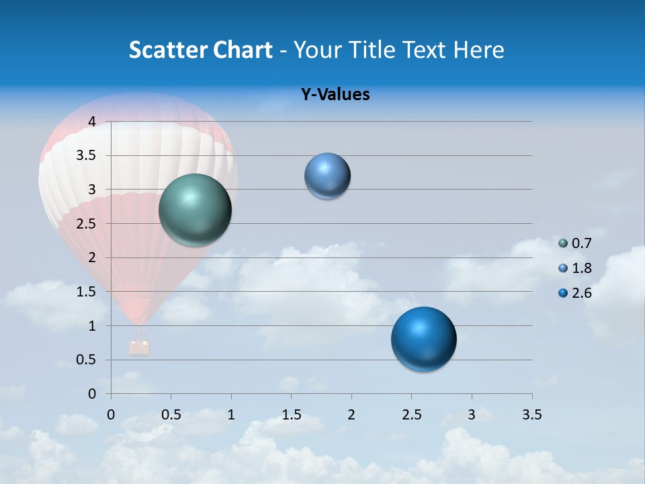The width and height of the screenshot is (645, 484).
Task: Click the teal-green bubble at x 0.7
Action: [x=196, y=210]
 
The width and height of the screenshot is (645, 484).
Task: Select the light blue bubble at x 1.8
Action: [x=327, y=176]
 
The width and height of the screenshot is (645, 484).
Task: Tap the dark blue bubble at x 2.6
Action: [x=423, y=339]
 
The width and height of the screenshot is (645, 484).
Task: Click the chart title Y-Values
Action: [x=335, y=95]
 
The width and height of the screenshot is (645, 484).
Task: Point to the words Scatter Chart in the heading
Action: [x=200, y=50]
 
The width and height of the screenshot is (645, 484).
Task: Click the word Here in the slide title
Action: [x=478, y=50]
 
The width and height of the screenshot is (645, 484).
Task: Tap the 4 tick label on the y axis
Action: [x=92, y=122]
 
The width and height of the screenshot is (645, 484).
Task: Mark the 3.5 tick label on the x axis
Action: [x=531, y=414]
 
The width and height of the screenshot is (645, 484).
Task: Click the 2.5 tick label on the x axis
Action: [x=412, y=414]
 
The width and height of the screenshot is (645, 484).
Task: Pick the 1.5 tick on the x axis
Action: [x=292, y=414]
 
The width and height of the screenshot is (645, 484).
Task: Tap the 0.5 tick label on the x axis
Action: [x=171, y=414]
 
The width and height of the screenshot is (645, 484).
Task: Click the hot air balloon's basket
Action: [x=139, y=347]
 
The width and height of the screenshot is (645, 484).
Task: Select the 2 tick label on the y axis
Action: [x=92, y=257]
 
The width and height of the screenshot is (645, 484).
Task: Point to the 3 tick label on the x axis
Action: [x=472, y=414]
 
